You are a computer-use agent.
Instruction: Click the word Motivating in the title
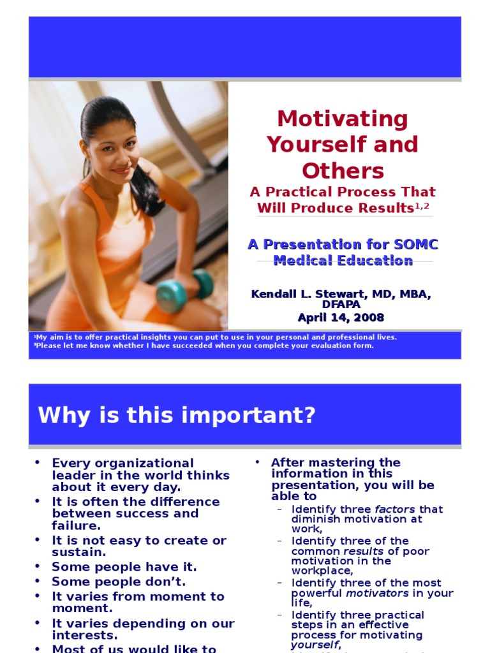(x=343, y=119)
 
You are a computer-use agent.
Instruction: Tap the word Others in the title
(x=343, y=171)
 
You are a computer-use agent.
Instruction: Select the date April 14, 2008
(x=341, y=318)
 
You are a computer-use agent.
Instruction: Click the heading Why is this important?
(x=177, y=415)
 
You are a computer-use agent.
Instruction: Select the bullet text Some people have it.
(x=124, y=567)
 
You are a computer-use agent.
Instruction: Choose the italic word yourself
(x=315, y=645)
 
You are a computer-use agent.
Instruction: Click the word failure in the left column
(x=76, y=525)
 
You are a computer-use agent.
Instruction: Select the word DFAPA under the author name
(x=341, y=305)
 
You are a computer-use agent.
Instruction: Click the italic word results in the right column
(x=364, y=551)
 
